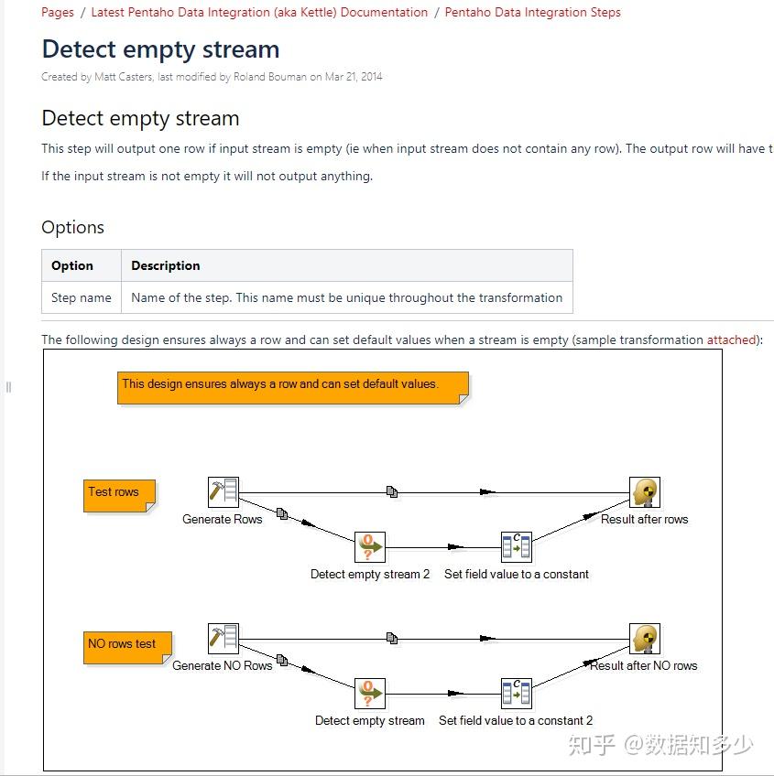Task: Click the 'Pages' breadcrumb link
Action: coord(58,13)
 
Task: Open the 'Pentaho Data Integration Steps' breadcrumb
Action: coord(532,13)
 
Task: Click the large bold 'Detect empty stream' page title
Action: coord(160,49)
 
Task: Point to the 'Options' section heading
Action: coord(73,228)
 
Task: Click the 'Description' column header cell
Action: coord(165,265)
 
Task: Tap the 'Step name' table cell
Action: coord(82,297)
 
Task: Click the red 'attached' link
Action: coord(731,339)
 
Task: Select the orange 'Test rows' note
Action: coord(118,493)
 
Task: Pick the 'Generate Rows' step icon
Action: coord(223,492)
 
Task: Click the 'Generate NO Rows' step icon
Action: coord(223,639)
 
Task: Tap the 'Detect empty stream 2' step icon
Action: coord(370,547)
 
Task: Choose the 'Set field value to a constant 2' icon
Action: coord(516,694)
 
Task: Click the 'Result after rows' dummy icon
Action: coord(645,492)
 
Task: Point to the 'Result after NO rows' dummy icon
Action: coord(645,639)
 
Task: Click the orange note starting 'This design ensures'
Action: coord(291,385)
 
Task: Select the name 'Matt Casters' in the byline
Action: coord(123,77)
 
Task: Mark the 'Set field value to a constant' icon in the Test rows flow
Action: coord(516,547)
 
